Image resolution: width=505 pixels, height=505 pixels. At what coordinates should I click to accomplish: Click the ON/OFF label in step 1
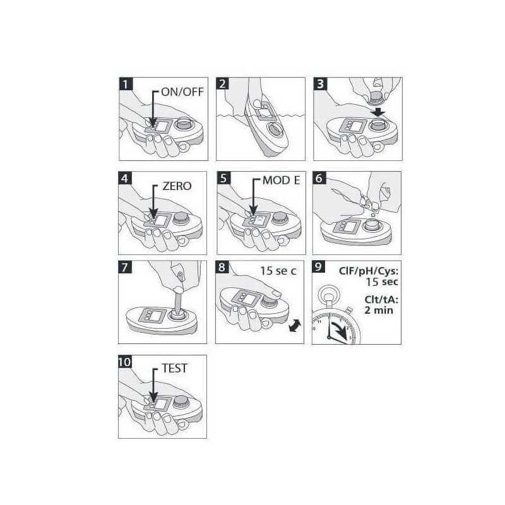pos(182,92)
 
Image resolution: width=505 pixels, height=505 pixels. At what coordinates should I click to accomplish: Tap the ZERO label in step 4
pos(177,186)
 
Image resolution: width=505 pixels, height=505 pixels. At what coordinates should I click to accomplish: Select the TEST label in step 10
pos(174,368)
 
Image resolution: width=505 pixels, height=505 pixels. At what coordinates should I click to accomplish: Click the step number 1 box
pos(126,84)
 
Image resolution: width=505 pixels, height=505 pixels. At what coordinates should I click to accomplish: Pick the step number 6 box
pos(319,178)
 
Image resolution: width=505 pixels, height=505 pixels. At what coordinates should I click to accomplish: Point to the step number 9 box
pos(318,267)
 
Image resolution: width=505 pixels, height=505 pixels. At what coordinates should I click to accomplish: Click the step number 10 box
pos(125,362)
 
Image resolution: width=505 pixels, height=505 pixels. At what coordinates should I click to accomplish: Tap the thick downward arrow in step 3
pos(377,112)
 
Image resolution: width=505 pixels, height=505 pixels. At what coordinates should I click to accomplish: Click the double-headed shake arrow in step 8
pos(295,325)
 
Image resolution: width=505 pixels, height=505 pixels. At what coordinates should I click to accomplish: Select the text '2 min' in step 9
pos(379,310)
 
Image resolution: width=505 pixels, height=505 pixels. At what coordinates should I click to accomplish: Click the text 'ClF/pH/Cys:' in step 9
pos(369,271)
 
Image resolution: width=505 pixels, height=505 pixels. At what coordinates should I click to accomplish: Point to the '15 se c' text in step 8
pos(278,271)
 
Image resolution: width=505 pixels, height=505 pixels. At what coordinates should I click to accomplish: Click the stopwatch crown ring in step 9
pos(328,295)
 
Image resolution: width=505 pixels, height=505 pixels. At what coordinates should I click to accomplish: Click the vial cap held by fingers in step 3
pos(376,98)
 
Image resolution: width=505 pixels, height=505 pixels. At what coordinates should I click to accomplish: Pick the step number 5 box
pos(224,178)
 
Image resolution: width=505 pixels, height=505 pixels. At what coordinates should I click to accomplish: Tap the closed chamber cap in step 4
pos(181,218)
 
